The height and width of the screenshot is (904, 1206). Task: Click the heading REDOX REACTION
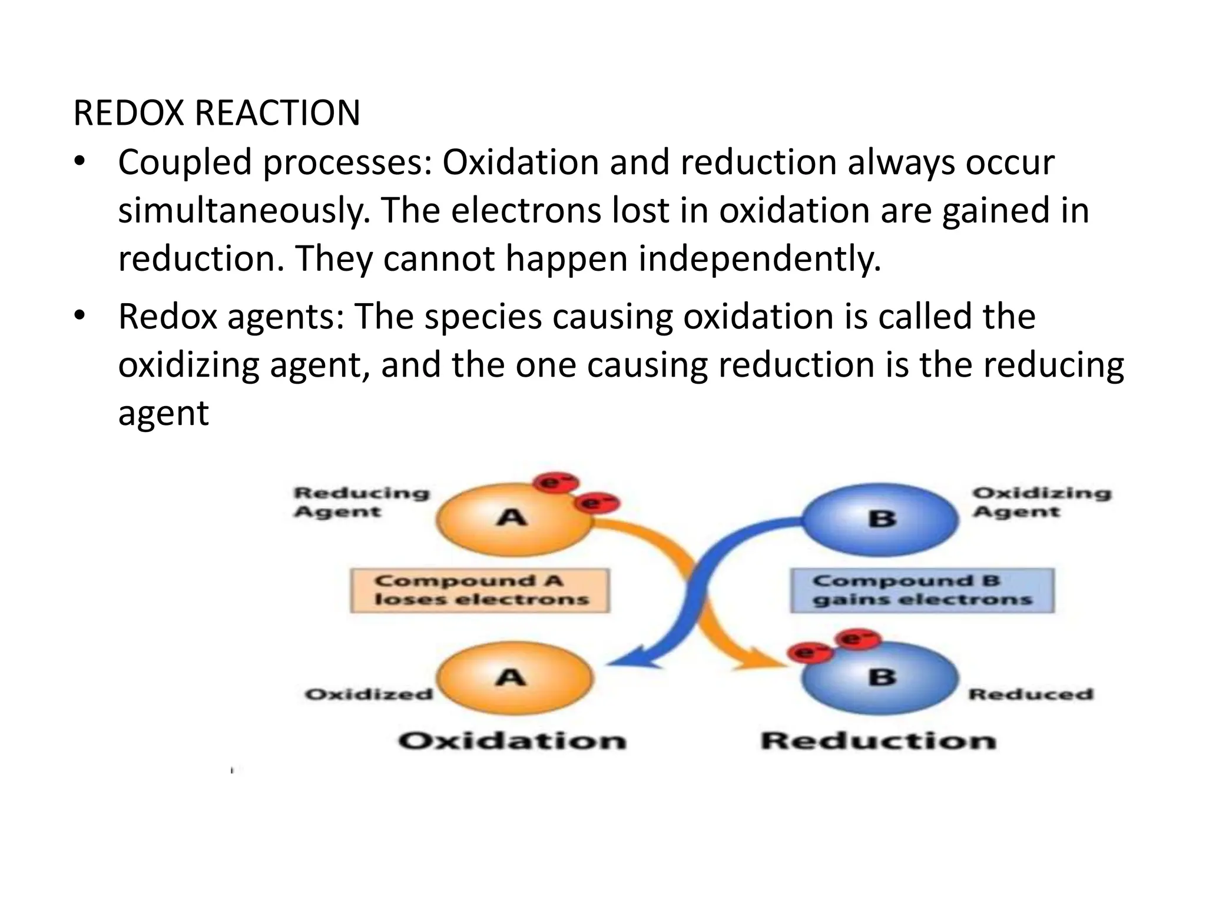click(216, 113)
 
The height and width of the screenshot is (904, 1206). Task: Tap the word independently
click(759, 259)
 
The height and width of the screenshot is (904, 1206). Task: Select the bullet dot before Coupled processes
click(80, 162)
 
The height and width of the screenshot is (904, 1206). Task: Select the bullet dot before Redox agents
click(80, 317)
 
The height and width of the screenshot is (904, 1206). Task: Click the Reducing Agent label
click(361, 502)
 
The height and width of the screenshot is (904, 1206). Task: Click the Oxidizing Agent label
click(1041, 502)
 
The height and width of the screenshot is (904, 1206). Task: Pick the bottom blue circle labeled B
click(882, 679)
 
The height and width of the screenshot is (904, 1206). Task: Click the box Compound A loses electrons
click(480, 590)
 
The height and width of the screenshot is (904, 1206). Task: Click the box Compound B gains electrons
click(922, 590)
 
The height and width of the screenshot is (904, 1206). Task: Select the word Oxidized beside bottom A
click(369, 694)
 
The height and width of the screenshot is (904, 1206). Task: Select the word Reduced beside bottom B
click(1031, 694)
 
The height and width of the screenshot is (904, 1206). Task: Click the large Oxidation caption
click(512, 740)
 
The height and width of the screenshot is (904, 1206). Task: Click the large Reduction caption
click(878, 740)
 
